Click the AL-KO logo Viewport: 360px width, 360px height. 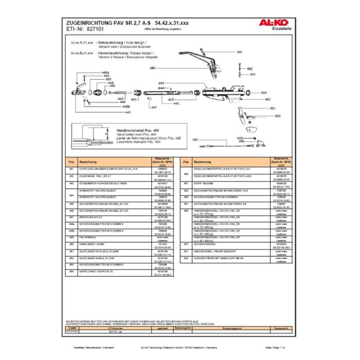(278, 23)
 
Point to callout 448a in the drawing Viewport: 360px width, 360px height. (105, 73)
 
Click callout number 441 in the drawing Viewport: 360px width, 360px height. (128, 112)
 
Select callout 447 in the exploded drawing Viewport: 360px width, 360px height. (153, 108)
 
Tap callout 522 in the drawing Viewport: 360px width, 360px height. (278, 116)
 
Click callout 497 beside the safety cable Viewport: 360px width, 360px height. (195, 140)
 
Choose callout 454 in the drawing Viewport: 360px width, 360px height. (264, 93)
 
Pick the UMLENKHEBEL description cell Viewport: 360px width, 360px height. (211, 251)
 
